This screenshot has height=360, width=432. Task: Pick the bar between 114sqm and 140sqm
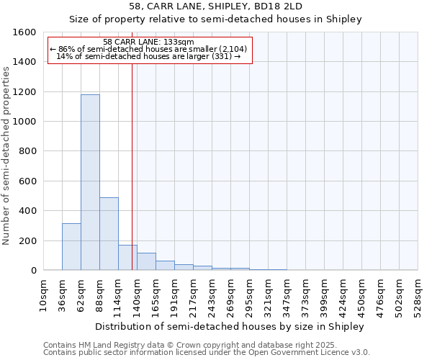127,258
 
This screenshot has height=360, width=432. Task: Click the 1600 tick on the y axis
24,32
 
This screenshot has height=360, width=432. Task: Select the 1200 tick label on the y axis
24,92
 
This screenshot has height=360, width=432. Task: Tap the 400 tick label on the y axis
27,211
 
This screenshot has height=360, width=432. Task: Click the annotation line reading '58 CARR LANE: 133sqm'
148,42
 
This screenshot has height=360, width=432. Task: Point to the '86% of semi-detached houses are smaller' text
150,49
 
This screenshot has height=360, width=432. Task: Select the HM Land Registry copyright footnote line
205,346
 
